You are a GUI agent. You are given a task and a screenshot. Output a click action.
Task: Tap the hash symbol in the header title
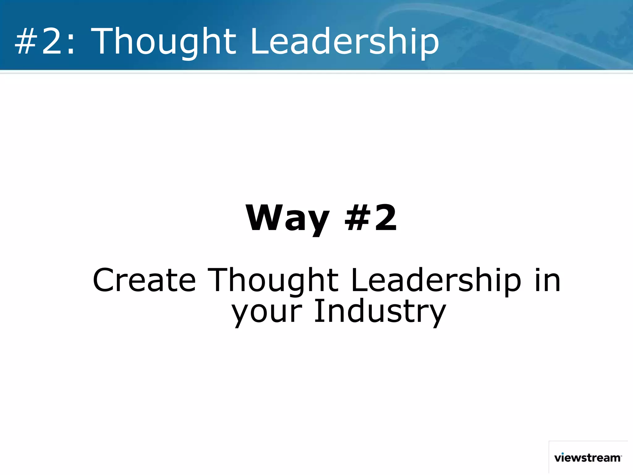click(x=27, y=42)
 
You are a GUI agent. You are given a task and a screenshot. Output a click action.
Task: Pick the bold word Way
click(x=287, y=218)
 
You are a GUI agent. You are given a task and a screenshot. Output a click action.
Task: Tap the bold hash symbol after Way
click(x=358, y=218)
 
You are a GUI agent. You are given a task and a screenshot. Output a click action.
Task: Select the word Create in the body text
click(x=144, y=280)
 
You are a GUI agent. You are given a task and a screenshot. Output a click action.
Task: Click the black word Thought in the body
click(x=273, y=280)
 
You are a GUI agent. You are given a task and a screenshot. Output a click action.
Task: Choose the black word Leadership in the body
click(x=436, y=280)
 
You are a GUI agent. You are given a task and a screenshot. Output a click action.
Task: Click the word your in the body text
click(x=267, y=312)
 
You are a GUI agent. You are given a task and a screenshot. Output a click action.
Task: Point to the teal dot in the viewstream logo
click(x=563, y=454)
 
